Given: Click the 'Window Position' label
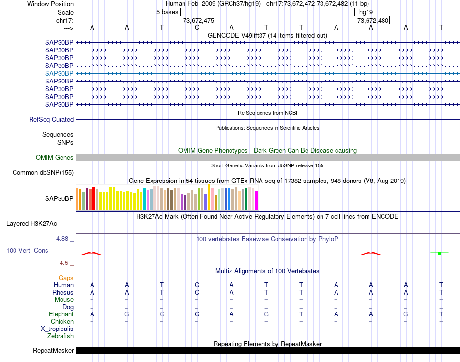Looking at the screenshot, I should (50, 4).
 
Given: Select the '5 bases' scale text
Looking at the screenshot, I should (167, 12).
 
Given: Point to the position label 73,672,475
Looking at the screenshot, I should (198, 20).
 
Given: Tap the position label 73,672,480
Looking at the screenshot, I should (372, 20).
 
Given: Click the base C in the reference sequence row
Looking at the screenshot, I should (197, 27).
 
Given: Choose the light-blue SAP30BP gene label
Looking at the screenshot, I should (59, 73).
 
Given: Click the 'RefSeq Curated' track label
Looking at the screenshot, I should (51, 119).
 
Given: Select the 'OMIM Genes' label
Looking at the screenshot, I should (55, 157).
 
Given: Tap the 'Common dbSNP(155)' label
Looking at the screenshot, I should (43, 172).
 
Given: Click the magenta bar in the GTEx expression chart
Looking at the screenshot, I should (256, 201).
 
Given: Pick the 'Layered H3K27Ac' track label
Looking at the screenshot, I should (31, 224).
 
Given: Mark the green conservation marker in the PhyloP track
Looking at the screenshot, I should (439, 253).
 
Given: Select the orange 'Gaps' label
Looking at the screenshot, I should (66, 278).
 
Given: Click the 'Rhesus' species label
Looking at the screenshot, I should (63, 293).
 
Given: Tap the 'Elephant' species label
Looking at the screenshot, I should (61, 314).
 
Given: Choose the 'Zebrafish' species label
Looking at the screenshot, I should (61, 336).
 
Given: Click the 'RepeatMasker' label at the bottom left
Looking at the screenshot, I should (53, 350).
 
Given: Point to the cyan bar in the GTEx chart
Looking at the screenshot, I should (145, 199).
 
